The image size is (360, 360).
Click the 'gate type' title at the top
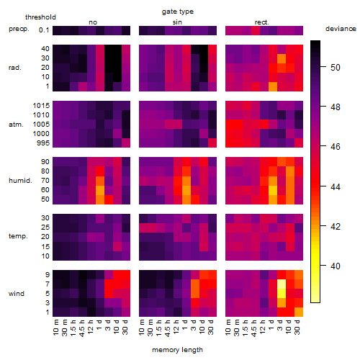[178, 12]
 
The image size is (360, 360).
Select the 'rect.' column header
[262, 22]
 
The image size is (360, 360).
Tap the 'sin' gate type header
[177, 22]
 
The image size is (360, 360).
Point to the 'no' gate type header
[93, 22]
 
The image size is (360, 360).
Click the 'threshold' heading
[40, 17]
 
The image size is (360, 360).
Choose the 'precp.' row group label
[19, 29]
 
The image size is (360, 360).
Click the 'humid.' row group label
[20, 181]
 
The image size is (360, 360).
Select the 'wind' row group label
[17, 294]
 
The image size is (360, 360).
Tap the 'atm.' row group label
[16, 125]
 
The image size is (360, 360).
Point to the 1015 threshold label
[41, 106]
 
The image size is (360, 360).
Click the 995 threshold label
[43, 143]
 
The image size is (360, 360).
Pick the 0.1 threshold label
[44, 30]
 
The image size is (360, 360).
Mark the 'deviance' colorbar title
[341, 29]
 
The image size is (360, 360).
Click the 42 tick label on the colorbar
[336, 227]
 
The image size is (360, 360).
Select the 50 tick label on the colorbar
[336, 68]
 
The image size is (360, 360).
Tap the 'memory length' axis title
[178, 350]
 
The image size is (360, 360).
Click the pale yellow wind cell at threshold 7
[282, 284]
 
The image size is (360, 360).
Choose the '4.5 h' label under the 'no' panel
[82, 328]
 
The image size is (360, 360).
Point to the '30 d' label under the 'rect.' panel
[297, 327]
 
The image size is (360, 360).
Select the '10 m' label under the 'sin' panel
[142, 328]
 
